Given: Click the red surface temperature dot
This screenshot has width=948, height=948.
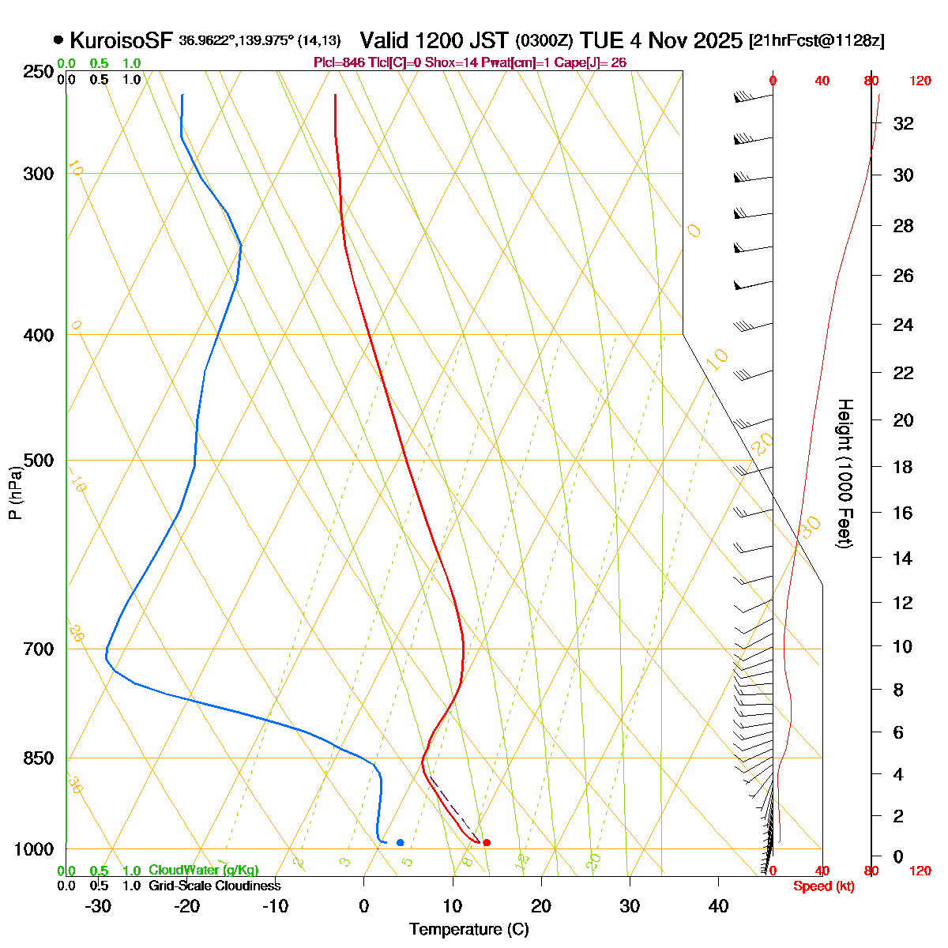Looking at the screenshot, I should (x=487, y=843).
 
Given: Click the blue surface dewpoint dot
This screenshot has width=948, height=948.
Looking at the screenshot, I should (x=401, y=843).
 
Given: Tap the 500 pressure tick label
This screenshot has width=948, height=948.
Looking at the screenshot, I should (x=38, y=460).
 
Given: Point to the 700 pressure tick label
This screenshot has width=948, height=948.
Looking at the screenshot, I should (x=38, y=649).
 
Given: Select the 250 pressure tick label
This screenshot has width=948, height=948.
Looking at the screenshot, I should (x=38, y=72).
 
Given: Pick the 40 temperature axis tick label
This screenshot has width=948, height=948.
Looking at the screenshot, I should (x=718, y=906).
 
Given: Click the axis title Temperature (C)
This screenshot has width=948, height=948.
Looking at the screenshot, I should (x=468, y=930).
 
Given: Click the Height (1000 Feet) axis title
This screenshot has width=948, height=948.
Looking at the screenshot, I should (x=844, y=474).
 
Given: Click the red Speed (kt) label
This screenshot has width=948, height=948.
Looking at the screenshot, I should (x=823, y=886).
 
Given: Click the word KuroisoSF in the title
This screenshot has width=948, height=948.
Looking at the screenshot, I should (x=122, y=40).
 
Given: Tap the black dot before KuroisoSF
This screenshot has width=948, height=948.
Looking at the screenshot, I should (x=58, y=40).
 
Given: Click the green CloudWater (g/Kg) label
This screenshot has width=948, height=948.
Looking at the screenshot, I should (x=203, y=871).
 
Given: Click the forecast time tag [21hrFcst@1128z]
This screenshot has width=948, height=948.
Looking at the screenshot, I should (x=816, y=41).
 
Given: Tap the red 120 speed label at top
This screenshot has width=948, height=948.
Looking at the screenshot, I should (x=920, y=81).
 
